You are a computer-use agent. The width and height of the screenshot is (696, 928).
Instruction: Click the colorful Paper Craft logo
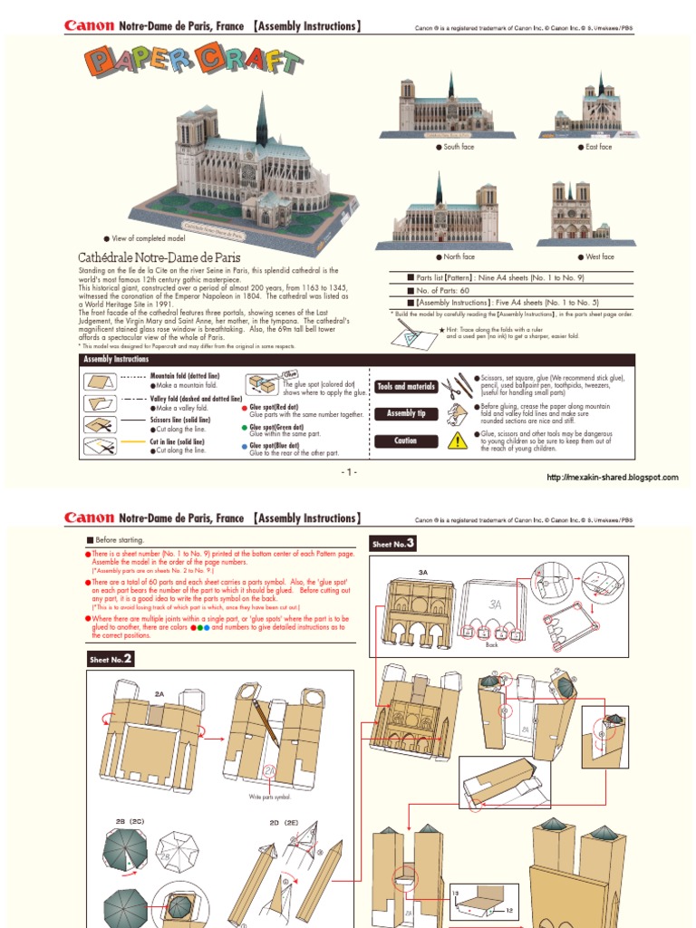click(194, 62)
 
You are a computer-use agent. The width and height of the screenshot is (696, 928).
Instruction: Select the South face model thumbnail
click(450, 109)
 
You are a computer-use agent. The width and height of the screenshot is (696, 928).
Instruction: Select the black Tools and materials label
click(407, 386)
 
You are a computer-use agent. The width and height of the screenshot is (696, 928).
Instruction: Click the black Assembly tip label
click(407, 413)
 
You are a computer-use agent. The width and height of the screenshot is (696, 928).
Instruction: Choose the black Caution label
click(407, 440)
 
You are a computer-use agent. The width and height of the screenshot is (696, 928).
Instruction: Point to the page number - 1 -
click(349, 473)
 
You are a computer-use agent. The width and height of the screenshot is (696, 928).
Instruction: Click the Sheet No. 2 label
click(111, 659)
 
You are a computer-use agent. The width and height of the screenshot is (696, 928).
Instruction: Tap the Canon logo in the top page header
click(89, 26)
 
